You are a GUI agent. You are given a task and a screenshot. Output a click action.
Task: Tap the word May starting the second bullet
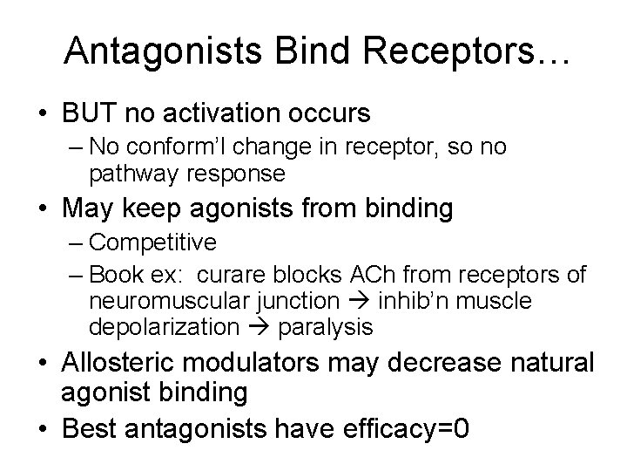85,209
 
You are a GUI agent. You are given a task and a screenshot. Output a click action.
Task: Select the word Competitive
152,241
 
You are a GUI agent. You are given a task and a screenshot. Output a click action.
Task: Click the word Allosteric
122,362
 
